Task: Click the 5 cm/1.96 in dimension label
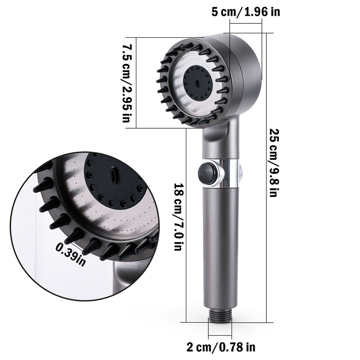point(245,11)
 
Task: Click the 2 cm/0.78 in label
point(221,347)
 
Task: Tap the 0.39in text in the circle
point(71,254)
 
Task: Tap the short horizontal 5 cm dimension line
point(245,32)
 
